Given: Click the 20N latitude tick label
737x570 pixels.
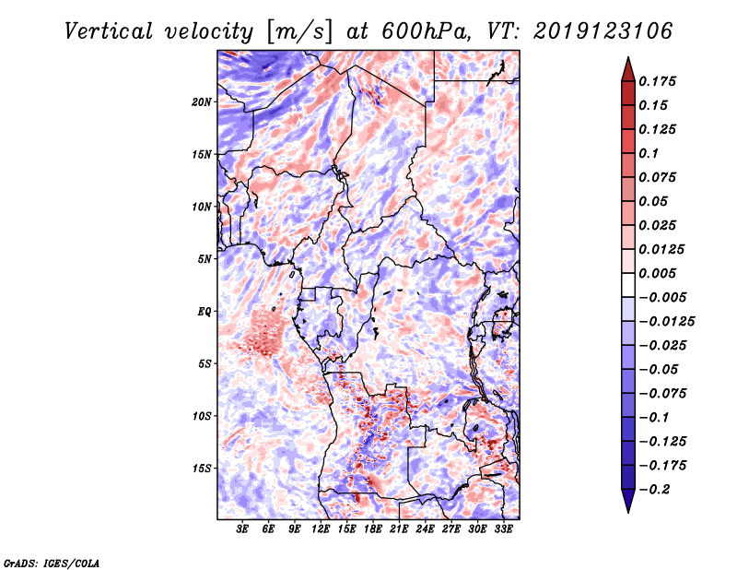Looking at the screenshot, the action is pos(202,102).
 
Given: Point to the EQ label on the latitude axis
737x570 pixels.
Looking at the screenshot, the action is pos(205,312).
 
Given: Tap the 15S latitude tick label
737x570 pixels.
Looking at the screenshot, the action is pos(202,469).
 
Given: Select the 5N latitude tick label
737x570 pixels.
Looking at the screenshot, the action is pos(205,259).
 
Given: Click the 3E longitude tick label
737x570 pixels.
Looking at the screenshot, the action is pos(242,529).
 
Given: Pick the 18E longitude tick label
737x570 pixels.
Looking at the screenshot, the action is pos(373,529).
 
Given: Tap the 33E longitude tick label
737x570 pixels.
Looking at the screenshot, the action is pos(503,529).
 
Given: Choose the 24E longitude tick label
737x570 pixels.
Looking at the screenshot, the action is pos(425,529).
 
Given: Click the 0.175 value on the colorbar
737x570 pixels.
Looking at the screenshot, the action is pos(657,81).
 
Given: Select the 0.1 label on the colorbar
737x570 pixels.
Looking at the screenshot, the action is pos(649,153).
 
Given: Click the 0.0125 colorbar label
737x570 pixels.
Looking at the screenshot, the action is pos(661,249).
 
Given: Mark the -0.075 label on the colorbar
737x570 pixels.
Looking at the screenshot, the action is pos(662,394).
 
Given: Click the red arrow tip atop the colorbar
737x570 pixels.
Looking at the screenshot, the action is pos(628,57).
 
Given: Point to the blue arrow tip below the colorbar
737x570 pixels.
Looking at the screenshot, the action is pos(628,512).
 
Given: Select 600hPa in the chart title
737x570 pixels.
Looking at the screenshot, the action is pos(426,31).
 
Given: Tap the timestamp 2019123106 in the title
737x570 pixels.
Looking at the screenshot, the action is pos(602,31).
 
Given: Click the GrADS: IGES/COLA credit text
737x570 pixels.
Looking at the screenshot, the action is pos(52,563).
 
